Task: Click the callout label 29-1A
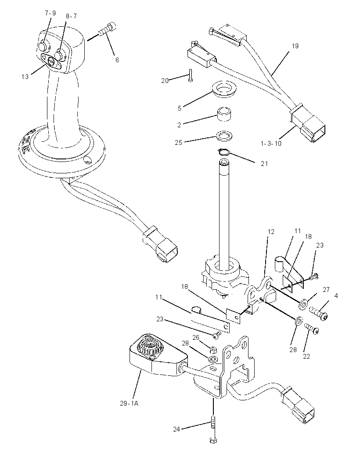pyautogui.click(x=129, y=403)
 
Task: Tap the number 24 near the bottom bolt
pyautogui.click(x=176, y=429)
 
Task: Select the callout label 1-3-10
pyautogui.click(x=271, y=143)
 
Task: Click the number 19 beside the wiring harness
pyautogui.click(x=295, y=46)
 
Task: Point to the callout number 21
pyautogui.click(x=264, y=164)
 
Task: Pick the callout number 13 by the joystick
pyautogui.click(x=25, y=77)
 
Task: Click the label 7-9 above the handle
pyautogui.click(x=50, y=14)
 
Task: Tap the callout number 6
pyautogui.click(x=117, y=60)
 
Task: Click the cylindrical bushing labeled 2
pyautogui.click(x=225, y=115)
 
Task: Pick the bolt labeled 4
pyautogui.click(x=319, y=313)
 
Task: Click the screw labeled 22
pyautogui.click(x=312, y=328)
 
